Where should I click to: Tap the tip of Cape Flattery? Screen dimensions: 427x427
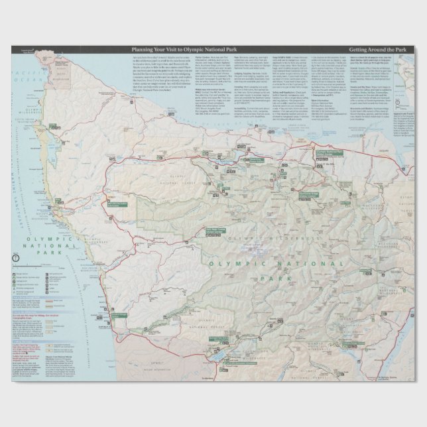[x=42, y=53]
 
